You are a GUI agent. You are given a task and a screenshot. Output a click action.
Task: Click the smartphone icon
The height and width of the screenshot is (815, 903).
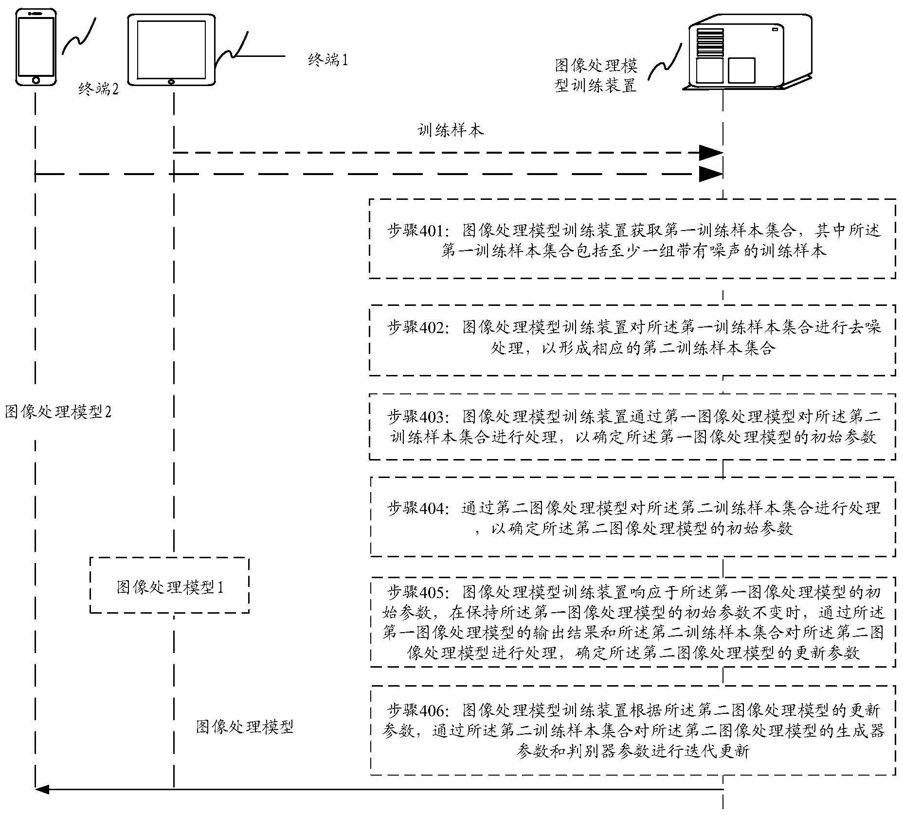coord(36,47)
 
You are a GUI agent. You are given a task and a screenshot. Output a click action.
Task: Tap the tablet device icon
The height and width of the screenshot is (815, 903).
coord(171,50)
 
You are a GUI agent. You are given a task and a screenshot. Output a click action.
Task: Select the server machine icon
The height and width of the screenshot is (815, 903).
coord(750,53)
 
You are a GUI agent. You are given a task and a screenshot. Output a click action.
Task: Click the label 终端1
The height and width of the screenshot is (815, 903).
coord(328,60)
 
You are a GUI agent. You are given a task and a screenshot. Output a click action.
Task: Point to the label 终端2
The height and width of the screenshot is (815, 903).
coord(98,89)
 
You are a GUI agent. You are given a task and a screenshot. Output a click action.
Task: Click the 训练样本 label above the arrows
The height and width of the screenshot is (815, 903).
coord(451,130)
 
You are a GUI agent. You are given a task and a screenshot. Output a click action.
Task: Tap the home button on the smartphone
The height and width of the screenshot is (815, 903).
coord(36,80)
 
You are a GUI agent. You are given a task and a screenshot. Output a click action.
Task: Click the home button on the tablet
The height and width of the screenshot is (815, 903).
coord(171,81)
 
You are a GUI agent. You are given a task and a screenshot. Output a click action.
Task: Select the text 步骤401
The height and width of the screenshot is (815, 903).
coord(415,230)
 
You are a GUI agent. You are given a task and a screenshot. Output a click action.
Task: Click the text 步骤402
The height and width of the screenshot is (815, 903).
coord(415,327)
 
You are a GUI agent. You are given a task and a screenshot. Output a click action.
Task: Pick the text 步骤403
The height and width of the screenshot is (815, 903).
coord(415,416)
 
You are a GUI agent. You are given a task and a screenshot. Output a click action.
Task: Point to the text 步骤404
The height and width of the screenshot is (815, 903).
coord(415,508)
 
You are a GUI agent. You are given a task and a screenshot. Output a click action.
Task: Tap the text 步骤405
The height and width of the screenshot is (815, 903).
coord(415,592)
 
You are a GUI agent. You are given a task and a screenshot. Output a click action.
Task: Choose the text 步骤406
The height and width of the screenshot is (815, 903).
coord(415,710)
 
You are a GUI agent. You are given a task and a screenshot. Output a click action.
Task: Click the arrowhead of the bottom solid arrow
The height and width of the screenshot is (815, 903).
coord(42,789)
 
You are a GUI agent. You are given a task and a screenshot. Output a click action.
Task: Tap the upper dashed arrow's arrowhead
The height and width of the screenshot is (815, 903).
coord(710,153)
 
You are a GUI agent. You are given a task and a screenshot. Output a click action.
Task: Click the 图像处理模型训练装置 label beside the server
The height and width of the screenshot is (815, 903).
coord(596,76)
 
